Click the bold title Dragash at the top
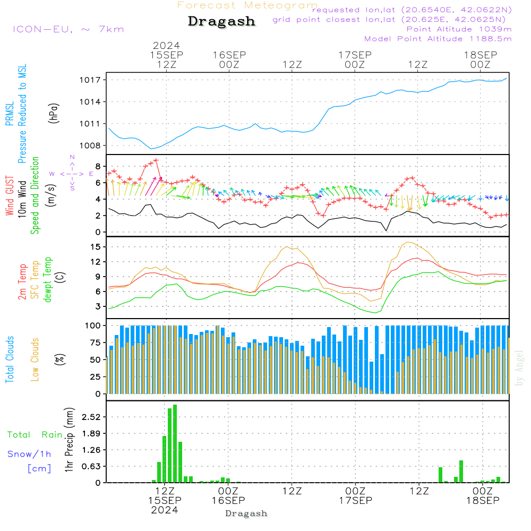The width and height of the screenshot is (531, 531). (221, 21)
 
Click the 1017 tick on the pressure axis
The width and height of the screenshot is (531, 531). (90, 80)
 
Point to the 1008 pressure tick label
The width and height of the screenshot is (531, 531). (90, 145)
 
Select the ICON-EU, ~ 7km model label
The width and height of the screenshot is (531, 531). (68, 29)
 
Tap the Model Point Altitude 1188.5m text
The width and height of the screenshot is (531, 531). (438, 39)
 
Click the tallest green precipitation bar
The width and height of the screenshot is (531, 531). (175, 443)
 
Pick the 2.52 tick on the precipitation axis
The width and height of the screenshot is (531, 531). (91, 417)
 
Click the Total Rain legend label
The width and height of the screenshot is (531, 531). (35, 435)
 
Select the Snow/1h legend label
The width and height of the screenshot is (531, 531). (29, 454)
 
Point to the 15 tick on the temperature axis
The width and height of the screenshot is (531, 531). (96, 247)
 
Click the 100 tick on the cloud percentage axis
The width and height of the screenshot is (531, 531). (93, 326)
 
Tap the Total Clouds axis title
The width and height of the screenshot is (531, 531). (10, 359)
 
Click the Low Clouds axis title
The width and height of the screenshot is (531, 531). (35, 359)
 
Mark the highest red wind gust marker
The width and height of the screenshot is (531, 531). (156, 160)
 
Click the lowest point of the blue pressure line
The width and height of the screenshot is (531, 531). (151, 149)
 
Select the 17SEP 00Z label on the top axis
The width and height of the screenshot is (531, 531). (355, 59)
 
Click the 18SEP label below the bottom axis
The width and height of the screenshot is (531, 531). (483, 501)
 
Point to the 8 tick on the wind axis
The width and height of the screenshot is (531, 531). (98, 166)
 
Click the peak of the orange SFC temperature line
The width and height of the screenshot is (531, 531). (408, 243)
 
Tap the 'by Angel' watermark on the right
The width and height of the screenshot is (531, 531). (519, 368)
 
